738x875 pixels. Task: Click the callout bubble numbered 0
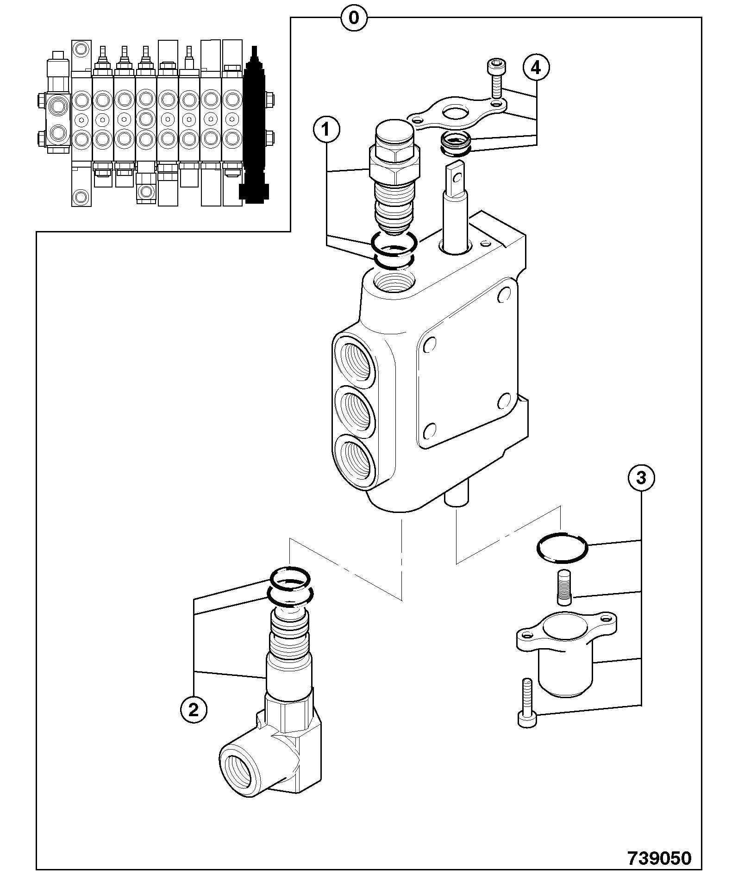click(354, 18)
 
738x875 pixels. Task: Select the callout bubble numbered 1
click(326, 130)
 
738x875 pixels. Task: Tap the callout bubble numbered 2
click(194, 709)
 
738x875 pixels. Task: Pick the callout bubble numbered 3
click(641, 478)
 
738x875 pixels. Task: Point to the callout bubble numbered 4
click(536, 69)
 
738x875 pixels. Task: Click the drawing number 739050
click(659, 858)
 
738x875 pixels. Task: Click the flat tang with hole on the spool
click(457, 178)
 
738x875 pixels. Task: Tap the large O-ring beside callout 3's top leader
click(562, 547)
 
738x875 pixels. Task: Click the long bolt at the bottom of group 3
click(527, 708)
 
